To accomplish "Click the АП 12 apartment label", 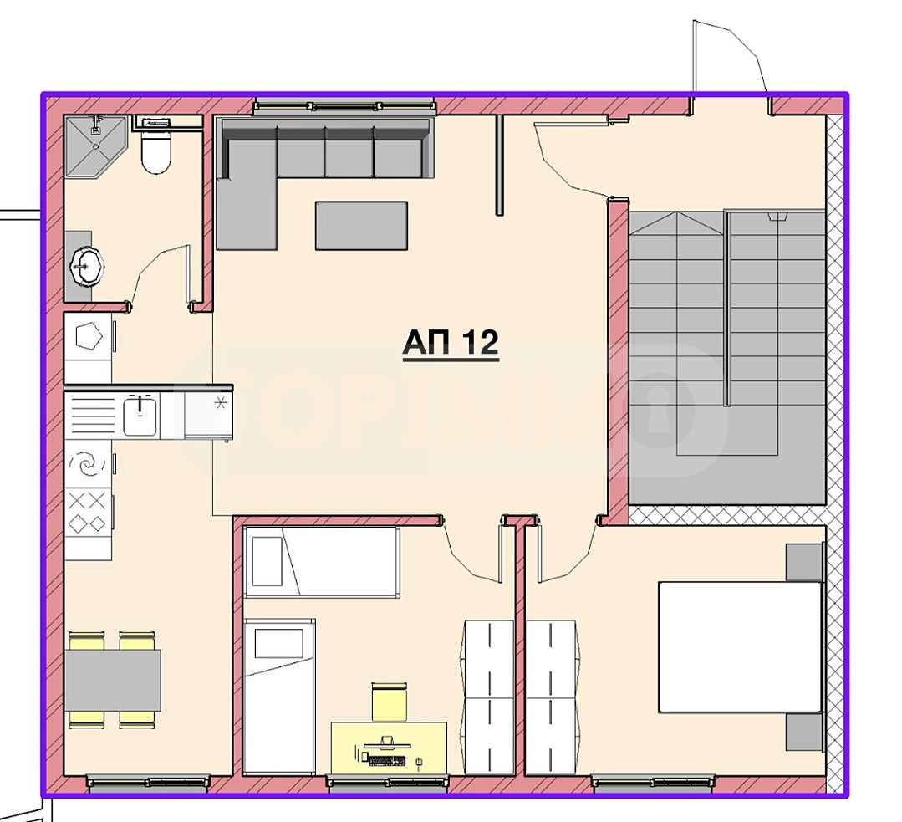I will point(451,343).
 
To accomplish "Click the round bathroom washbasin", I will point(86,266).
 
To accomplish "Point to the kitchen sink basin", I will point(140,416).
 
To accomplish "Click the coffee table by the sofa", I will point(361,225).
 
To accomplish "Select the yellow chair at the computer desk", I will point(389,701).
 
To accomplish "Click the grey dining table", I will point(113,680).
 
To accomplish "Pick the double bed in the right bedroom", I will point(740,647).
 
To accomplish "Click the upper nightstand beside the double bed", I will point(804,562).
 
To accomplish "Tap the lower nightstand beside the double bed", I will point(804,732).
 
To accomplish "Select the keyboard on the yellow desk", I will point(385,761).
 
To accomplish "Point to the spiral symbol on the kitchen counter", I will point(87,463).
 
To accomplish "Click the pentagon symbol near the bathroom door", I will point(88,338).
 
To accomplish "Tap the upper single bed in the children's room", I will point(321,561).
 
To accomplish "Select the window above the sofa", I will point(344,105).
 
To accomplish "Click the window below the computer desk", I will point(386,783).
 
